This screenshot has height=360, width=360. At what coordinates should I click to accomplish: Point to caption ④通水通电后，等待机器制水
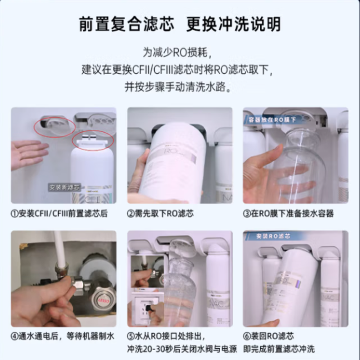(63, 336)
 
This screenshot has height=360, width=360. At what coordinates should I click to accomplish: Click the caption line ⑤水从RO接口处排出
(166, 336)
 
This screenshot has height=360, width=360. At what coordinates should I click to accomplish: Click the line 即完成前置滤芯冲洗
(279, 349)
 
